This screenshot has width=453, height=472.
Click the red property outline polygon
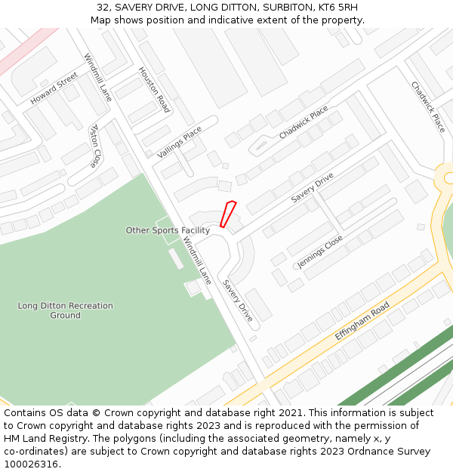tap(228, 214)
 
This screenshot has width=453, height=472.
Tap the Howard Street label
tap(54, 89)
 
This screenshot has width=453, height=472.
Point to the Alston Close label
tap(95, 146)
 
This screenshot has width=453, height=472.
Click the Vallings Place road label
tap(180, 142)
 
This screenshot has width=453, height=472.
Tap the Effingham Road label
tap(362, 320)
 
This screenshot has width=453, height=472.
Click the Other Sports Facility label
tap(168, 230)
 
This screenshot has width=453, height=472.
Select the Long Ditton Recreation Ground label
tap(66, 310)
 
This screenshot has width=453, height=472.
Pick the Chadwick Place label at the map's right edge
tap(428, 107)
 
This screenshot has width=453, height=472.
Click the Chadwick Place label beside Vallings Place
tap(304, 122)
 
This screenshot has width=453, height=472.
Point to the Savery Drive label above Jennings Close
tap(313, 187)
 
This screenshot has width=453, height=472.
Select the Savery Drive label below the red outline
tap(237, 301)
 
